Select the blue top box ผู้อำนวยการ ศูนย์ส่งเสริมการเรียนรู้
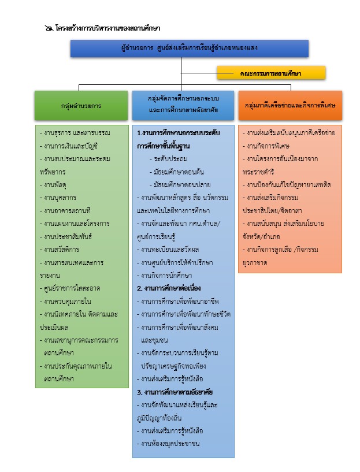click(x=183, y=48)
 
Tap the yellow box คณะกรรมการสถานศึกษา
click(x=271, y=73)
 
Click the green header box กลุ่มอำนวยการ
click(x=81, y=106)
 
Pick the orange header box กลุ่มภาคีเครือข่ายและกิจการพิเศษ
click(x=290, y=106)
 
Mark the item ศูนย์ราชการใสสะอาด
click(x=70, y=288)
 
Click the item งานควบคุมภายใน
click(x=66, y=301)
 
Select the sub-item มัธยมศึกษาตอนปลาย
click(x=179, y=184)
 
